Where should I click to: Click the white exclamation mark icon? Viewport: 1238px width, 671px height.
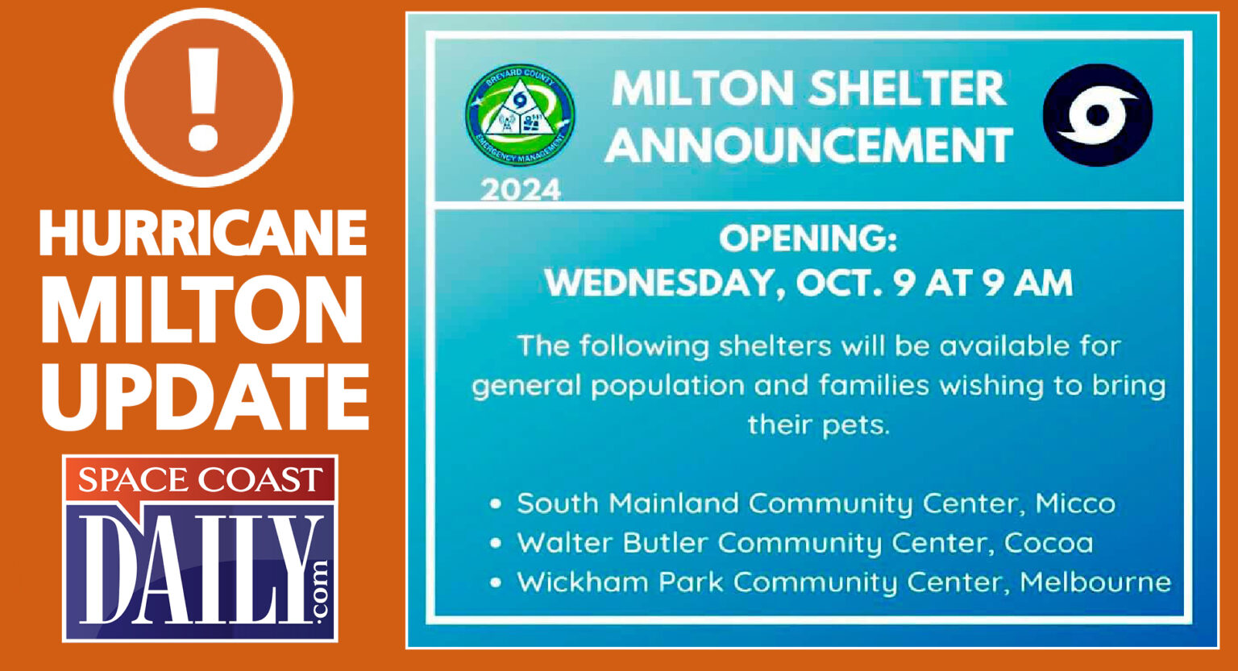pos(203,97)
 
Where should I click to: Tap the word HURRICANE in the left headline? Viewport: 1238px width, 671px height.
pos(203,234)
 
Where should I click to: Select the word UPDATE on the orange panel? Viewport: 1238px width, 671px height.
pos(206,396)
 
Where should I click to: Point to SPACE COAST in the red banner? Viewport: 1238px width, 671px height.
pos(200,481)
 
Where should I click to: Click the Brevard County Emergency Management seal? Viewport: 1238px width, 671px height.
pos(520,115)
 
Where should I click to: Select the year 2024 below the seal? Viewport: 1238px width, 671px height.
pos(521,190)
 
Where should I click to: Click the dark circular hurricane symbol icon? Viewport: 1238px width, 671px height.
pos(1097,115)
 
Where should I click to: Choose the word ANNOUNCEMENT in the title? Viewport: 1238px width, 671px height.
pos(809,145)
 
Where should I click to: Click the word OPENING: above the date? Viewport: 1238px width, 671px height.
pos(808,239)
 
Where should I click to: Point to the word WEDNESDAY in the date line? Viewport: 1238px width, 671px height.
pos(660,284)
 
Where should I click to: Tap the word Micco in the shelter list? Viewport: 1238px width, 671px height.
pos(1075,503)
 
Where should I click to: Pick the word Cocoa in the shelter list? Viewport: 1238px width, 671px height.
pos(1049,543)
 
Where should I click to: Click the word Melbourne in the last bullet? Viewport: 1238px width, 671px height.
pos(1095,582)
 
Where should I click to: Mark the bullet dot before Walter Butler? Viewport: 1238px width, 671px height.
pos(496,543)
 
